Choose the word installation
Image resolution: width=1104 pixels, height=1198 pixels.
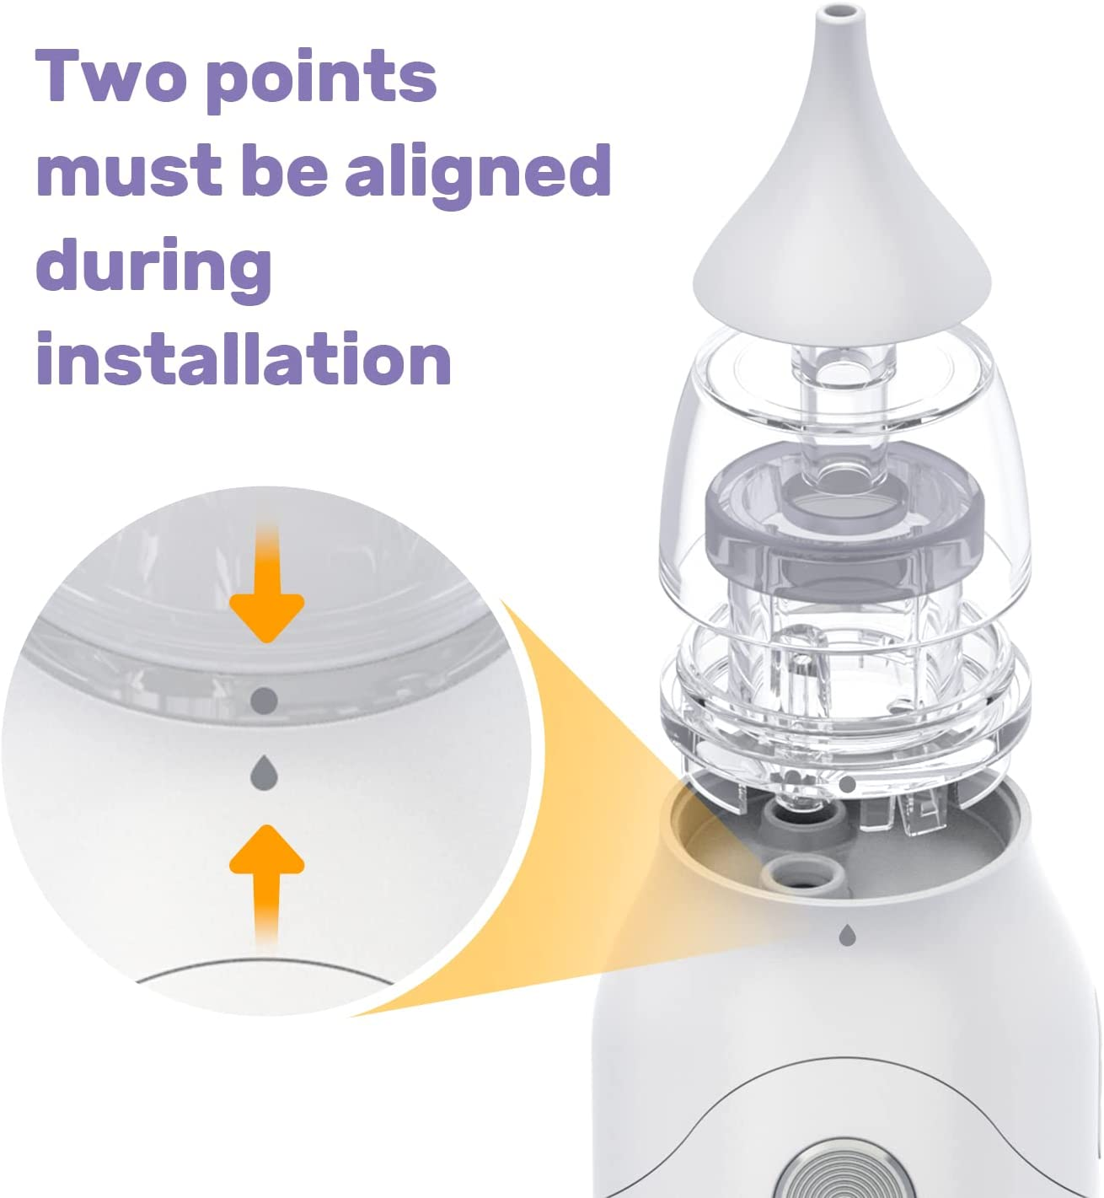click(244, 359)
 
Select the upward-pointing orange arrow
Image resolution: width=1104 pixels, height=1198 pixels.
click(266, 877)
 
